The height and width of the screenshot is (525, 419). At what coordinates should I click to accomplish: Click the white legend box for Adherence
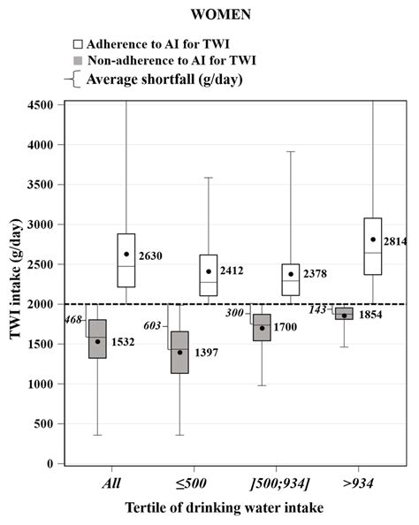pos(79,43)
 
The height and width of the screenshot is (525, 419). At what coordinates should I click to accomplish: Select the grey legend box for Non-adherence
pos(79,61)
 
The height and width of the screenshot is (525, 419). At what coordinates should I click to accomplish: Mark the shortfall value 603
pos(152,326)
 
